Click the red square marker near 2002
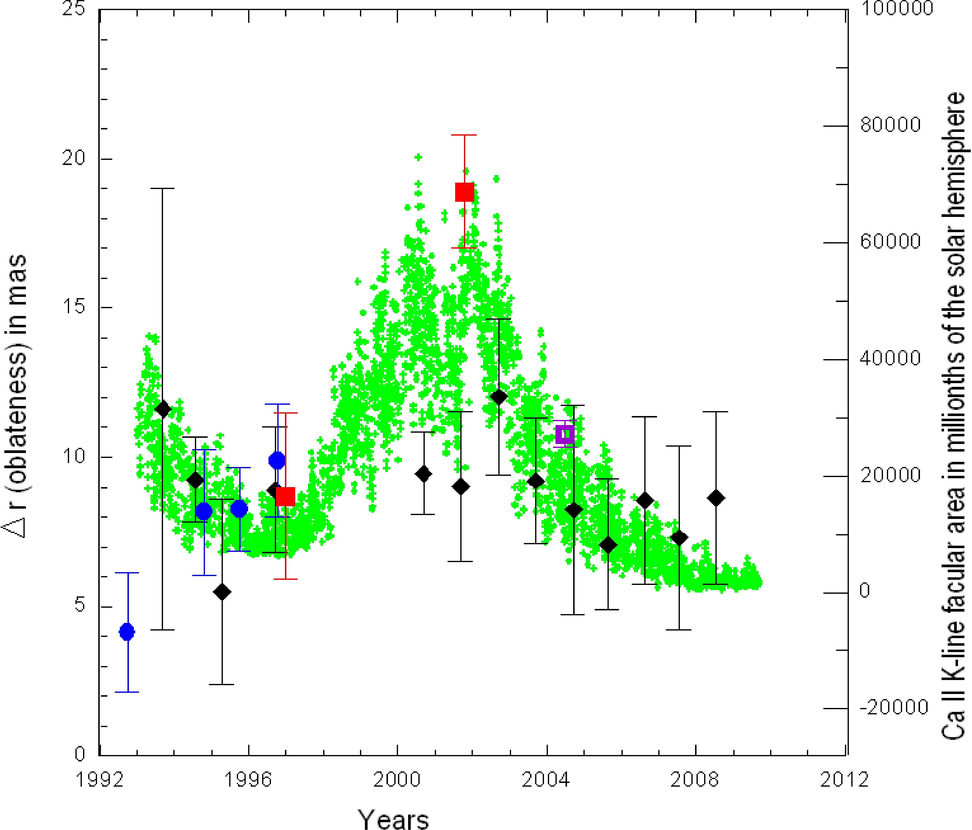click(x=464, y=192)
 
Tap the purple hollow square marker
click(x=565, y=434)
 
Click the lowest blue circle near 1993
click(x=127, y=632)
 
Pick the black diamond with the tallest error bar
click(x=163, y=409)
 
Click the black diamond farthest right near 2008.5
click(x=716, y=498)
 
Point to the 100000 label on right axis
click(x=896, y=8)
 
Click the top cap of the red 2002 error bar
click(x=464, y=135)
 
